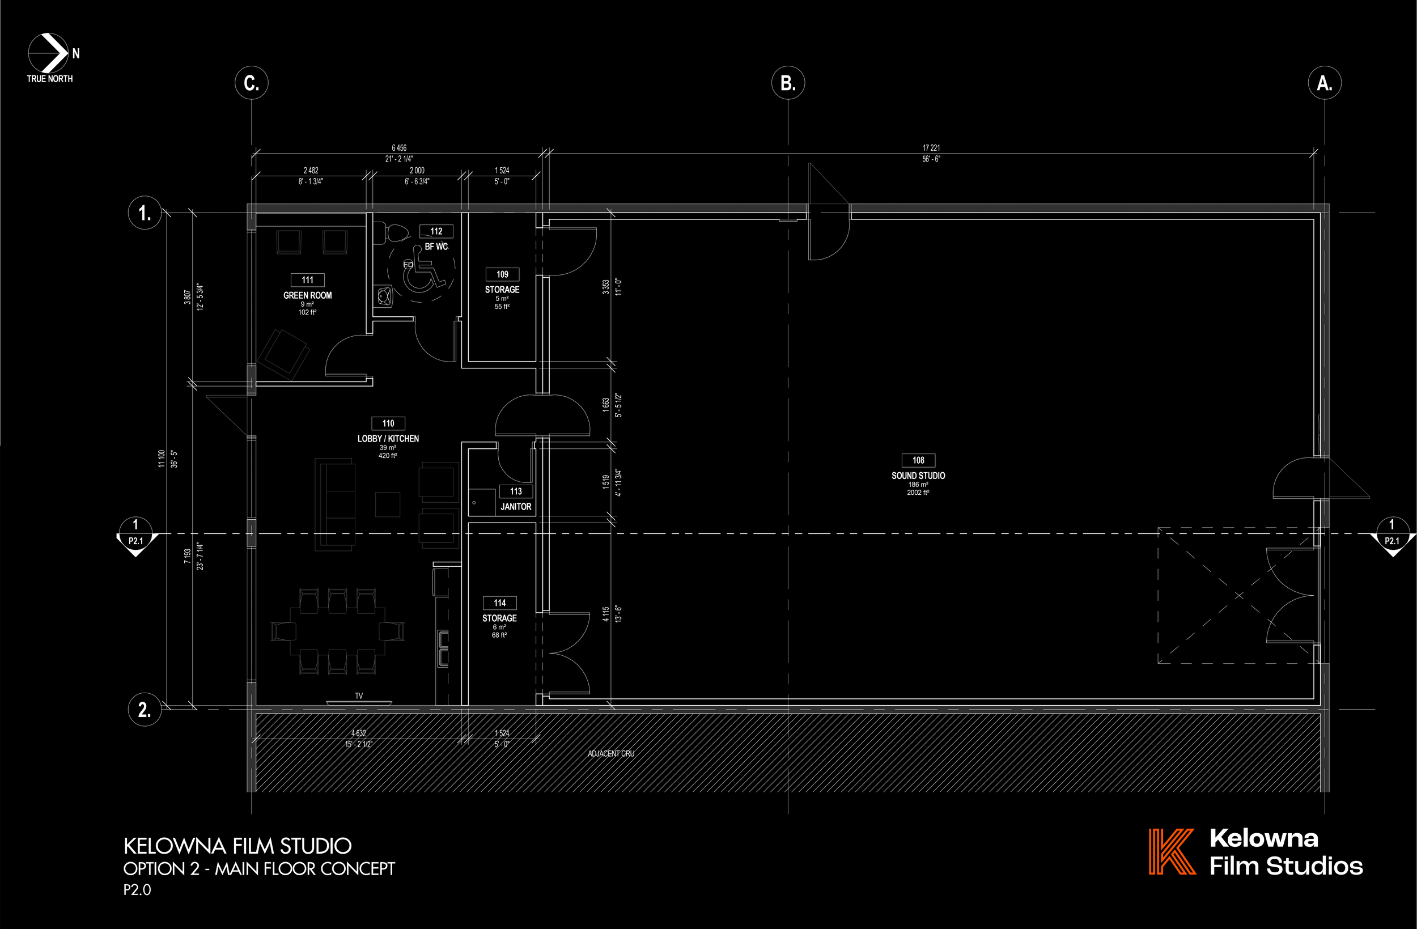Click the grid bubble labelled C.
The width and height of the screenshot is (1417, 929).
[251, 83]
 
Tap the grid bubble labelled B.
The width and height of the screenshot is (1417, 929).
[788, 83]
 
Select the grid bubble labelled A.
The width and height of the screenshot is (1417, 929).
[1324, 83]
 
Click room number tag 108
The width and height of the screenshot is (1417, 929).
[918, 460]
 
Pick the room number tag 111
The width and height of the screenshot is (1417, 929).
[307, 280]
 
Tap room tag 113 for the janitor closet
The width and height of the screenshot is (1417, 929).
[516, 491]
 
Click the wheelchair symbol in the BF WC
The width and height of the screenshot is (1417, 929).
[424, 271]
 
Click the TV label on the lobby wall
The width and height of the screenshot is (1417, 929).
[358, 695]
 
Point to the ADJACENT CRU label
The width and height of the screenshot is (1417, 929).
[611, 753]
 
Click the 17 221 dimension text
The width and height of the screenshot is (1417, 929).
[931, 148]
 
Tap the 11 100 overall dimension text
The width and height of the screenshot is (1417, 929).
[162, 458]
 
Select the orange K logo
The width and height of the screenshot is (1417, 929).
[1171, 851]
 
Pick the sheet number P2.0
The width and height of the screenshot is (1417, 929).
[137, 890]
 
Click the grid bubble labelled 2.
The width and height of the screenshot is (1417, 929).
[145, 709]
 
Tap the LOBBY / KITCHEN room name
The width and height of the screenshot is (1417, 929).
[388, 438]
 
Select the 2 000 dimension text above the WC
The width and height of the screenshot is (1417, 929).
[417, 170]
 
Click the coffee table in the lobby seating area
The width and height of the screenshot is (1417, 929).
[388, 504]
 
